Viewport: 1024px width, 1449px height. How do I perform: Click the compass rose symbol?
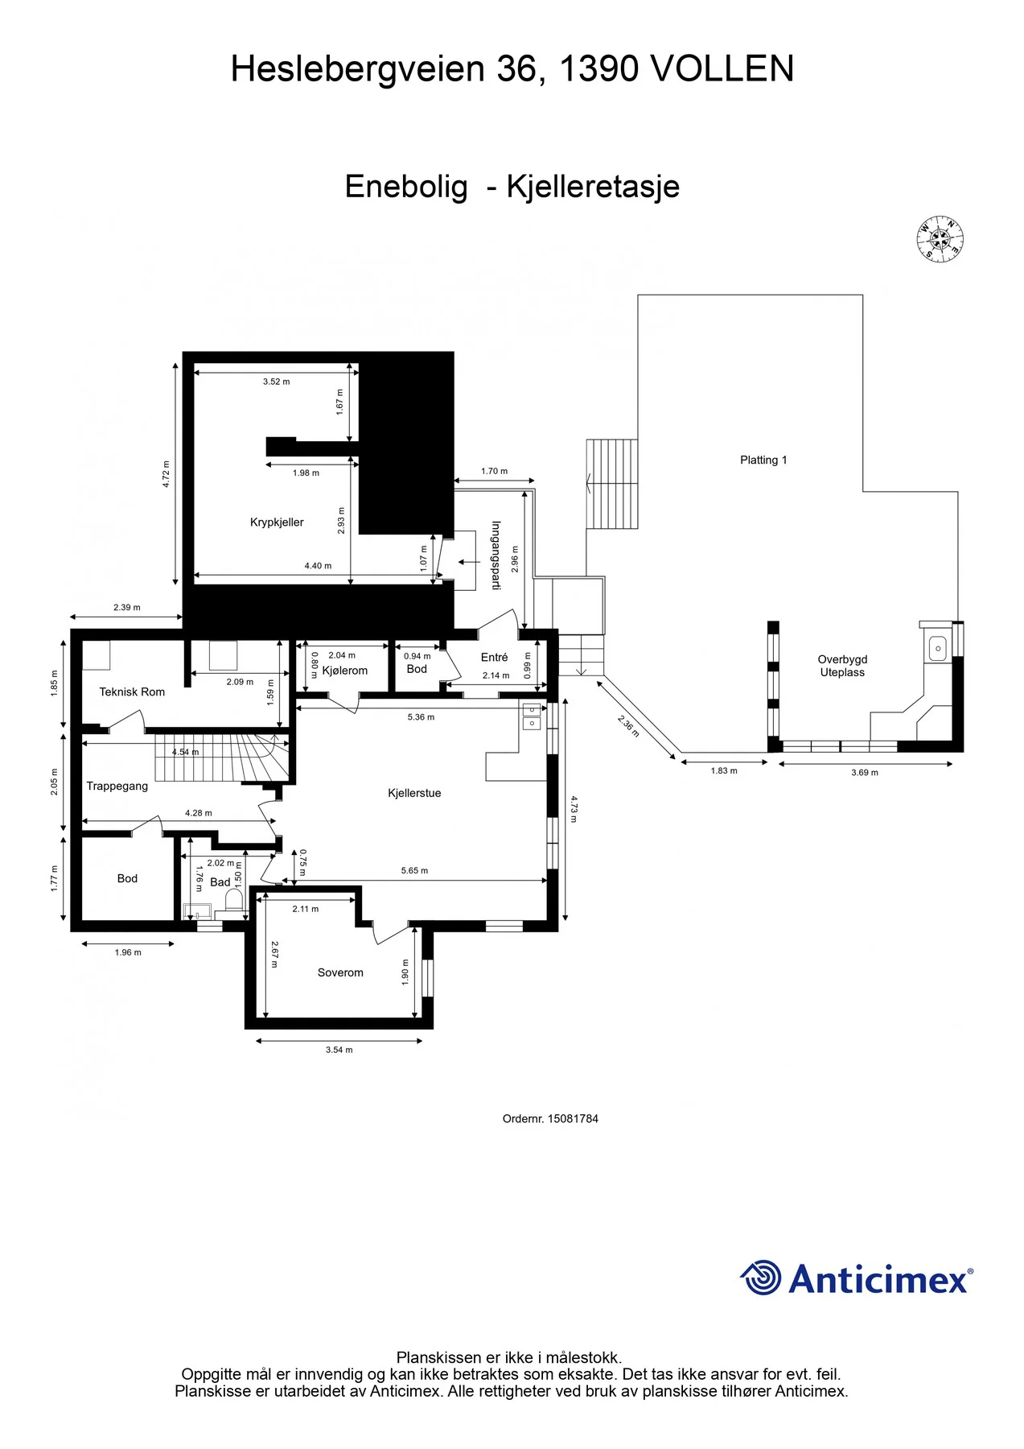[x=940, y=239]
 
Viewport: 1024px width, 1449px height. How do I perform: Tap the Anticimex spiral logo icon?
[x=760, y=1278]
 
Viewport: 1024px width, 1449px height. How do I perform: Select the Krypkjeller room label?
[x=277, y=522]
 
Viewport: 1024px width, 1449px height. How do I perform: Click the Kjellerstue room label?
[x=414, y=793]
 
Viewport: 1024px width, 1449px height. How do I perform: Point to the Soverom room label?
[x=340, y=972]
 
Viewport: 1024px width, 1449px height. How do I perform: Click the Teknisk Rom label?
[x=132, y=691]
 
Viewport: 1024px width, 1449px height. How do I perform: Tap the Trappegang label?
[x=117, y=786]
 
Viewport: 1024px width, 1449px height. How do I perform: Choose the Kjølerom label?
[x=344, y=671]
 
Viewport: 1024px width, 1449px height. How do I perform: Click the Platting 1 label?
[x=763, y=460]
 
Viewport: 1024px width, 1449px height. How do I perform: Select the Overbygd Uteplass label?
[x=842, y=666]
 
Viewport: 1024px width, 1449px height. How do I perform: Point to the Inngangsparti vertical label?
[x=496, y=555]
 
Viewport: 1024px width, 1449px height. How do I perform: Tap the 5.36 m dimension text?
[x=421, y=717]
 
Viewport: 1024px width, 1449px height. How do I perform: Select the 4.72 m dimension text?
[x=167, y=474]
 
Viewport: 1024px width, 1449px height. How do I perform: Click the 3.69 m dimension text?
[x=865, y=773]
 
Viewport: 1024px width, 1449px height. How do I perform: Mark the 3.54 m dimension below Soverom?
[x=339, y=1050]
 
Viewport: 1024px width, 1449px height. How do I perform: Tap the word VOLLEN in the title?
[x=722, y=69]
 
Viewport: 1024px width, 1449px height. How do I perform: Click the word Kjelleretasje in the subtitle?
[x=593, y=187]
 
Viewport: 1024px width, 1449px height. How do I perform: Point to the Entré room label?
[x=494, y=657]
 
